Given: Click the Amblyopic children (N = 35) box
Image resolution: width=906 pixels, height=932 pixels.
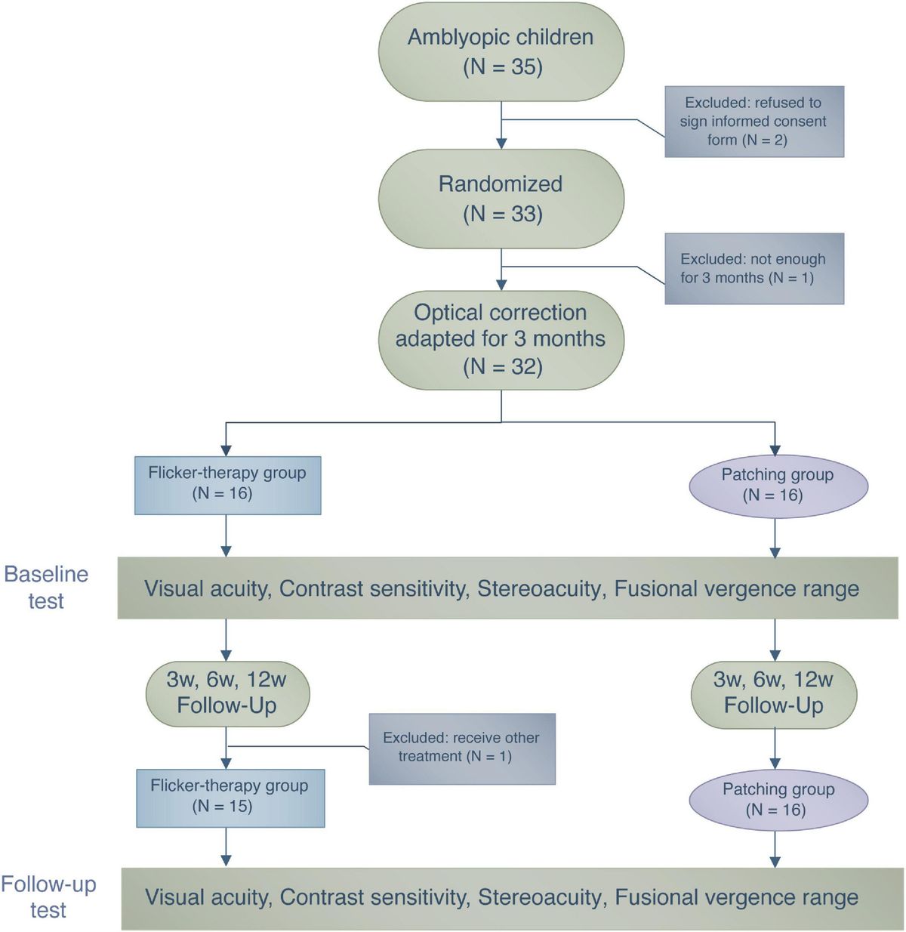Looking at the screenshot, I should tap(501, 51).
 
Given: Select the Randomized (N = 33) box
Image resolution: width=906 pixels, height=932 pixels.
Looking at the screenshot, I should tap(501, 199).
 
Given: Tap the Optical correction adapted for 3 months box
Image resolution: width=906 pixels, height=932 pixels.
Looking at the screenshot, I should tap(501, 339).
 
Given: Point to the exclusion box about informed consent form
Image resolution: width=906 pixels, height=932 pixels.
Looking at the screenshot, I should tap(753, 121).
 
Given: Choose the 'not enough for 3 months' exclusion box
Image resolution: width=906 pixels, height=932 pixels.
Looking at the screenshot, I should tap(753, 268).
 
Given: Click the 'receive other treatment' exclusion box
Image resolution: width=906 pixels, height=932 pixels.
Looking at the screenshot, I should tap(461, 748).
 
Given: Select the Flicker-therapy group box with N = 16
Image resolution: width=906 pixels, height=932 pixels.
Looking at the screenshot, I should tap(227, 484).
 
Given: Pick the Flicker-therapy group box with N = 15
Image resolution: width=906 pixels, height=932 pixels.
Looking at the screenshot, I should tap(230, 797).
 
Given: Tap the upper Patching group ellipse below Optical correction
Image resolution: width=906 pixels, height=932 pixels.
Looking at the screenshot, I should tap(778, 485).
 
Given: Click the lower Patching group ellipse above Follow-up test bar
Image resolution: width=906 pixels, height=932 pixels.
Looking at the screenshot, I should tap(778, 799).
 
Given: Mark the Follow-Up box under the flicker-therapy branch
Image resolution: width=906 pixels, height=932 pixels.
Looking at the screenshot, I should tap(227, 692).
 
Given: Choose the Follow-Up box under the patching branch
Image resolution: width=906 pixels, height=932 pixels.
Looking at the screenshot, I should tap(774, 693).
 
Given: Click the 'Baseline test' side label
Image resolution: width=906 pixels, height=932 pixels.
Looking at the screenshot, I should tap(46, 588).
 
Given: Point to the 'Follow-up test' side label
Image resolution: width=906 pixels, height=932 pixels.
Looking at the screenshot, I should tap(48, 897).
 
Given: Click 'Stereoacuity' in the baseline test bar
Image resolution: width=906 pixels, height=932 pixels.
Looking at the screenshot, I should tap(541, 589).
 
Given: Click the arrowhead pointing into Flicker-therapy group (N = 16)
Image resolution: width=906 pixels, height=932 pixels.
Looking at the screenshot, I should tap(226, 450).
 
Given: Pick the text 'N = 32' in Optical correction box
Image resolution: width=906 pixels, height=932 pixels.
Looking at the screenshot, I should tap(503, 367).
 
